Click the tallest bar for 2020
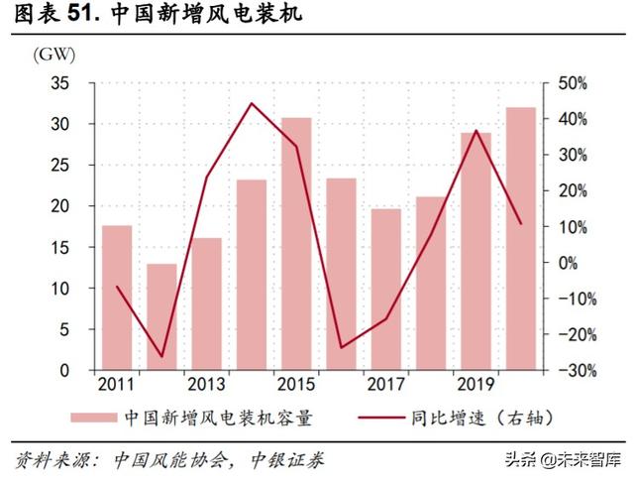[x=521, y=238]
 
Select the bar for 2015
[x=296, y=243]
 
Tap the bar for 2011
[x=117, y=298]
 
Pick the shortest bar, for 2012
[x=161, y=316]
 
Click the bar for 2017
[x=386, y=289]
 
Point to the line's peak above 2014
[x=251, y=103]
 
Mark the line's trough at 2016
[x=341, y=347]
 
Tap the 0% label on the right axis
[x=566, y=263]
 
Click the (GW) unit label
[x=51, y=55]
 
